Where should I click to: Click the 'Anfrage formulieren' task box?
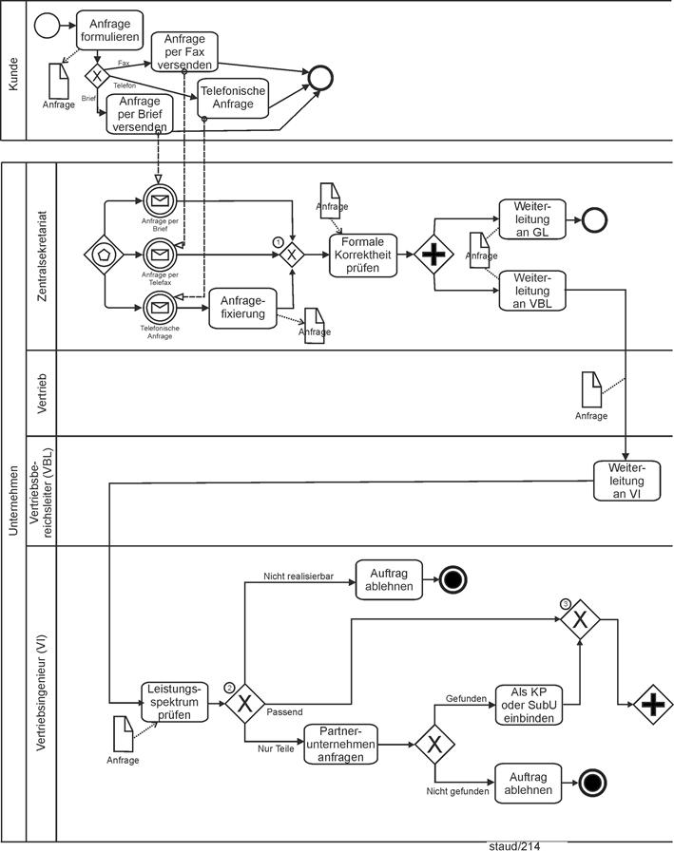tap(109, 30)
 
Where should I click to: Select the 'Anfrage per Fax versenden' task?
tap(184, 51)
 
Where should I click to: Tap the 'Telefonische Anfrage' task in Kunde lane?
tap(233, 97)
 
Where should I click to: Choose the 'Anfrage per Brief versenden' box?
tap(141, 114)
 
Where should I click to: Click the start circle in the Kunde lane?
tap(47, 25)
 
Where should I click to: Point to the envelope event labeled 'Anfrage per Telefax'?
tap(160, 255)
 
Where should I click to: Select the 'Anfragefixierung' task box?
tap(241, 308)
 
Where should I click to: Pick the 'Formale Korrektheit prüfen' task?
tap(363, 255)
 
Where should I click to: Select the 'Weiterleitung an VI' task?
tap(626, 481)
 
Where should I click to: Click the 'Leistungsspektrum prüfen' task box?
tap(174, 702)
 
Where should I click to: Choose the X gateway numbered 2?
tap(245, 703)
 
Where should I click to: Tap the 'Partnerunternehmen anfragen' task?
tap(340, 744)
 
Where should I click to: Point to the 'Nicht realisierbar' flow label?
tap(298, 576)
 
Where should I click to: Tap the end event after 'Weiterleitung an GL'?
tap(593, 219)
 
